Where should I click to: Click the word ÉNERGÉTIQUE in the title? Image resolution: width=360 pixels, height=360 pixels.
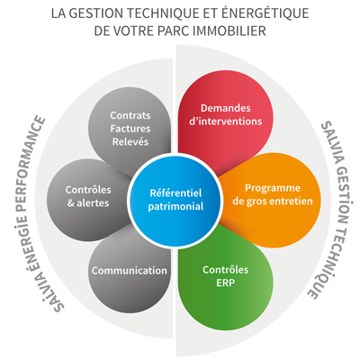[265, 13]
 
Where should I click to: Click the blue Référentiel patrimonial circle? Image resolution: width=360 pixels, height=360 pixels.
[175, 200]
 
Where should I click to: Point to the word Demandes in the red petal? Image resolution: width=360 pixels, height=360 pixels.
[226, 108]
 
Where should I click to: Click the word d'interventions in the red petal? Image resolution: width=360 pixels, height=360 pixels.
[226, 121]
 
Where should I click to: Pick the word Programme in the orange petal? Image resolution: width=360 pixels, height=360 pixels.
[273, 188]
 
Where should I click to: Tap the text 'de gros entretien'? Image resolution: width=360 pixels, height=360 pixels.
[273, 202]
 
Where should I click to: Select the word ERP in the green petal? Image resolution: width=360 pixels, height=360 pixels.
[225, 283]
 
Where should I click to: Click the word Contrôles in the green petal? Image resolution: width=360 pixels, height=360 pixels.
[226, 270]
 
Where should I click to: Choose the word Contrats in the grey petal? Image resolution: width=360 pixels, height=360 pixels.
[130, 115]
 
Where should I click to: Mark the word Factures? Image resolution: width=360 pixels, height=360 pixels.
[130, 129]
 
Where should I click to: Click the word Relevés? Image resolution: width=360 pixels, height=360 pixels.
[130, 141]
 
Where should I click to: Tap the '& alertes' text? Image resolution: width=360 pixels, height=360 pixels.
[88, 203]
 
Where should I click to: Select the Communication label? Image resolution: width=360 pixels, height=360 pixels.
[130, 271]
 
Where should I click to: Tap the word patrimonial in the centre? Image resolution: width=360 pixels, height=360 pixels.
[175, 206]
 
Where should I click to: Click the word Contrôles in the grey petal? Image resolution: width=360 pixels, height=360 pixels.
[88, 190]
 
